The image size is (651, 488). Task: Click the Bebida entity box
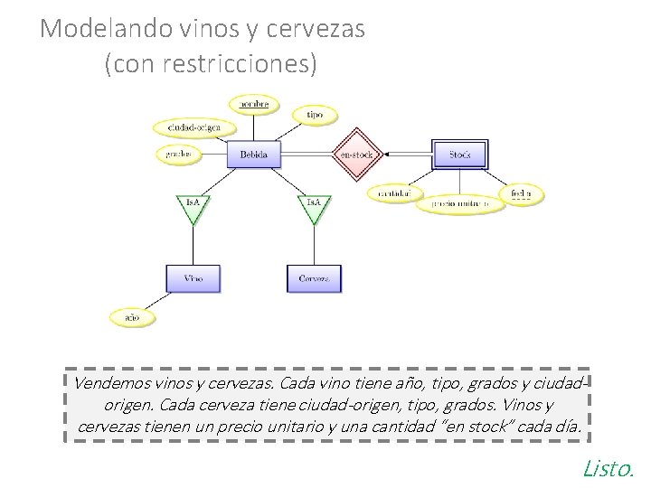[254, 155]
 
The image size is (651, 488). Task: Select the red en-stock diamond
[355, 155]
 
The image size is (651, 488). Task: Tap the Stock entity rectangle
[460, 155]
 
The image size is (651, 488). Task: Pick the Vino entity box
[193, 278]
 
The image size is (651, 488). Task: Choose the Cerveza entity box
[314, 278]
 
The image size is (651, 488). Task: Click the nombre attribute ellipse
[253, 105]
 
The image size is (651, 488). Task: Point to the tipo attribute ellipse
[315, 115]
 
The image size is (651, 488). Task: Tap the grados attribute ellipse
[179, 155]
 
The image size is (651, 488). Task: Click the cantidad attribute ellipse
[395, 192]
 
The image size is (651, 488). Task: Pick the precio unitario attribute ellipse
[466, 204]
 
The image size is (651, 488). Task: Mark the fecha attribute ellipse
[522, 192]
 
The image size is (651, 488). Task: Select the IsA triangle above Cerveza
[314, 204]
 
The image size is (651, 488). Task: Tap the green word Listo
[609, 467]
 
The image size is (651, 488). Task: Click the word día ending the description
[568, 425]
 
